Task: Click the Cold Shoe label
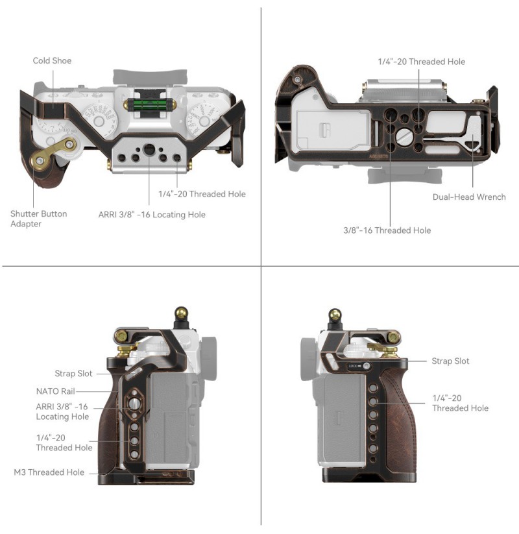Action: [x=52, y=60]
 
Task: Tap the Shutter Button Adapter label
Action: [x=38, y=219]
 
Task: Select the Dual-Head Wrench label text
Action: [x=469, y=197]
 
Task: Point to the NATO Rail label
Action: [x=55, y=391]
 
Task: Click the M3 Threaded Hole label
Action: [x=49, y=472]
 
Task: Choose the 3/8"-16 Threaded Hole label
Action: [x=387, y=230]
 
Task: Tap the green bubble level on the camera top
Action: [x=148, y=104]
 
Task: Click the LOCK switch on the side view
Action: [x=359, y=366]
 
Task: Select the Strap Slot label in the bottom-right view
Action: [x=450, y=361]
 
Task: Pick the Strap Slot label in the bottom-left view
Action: [x=73, y=373]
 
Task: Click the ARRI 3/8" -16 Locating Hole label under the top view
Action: [x=152, y=215]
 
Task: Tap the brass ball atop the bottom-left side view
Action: [x=181, y=312]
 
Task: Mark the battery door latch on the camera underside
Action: [x=324, y=130]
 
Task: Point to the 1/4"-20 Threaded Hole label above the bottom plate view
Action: [x=421, y=62]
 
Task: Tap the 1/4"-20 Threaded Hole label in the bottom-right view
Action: [x=460, y=403]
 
